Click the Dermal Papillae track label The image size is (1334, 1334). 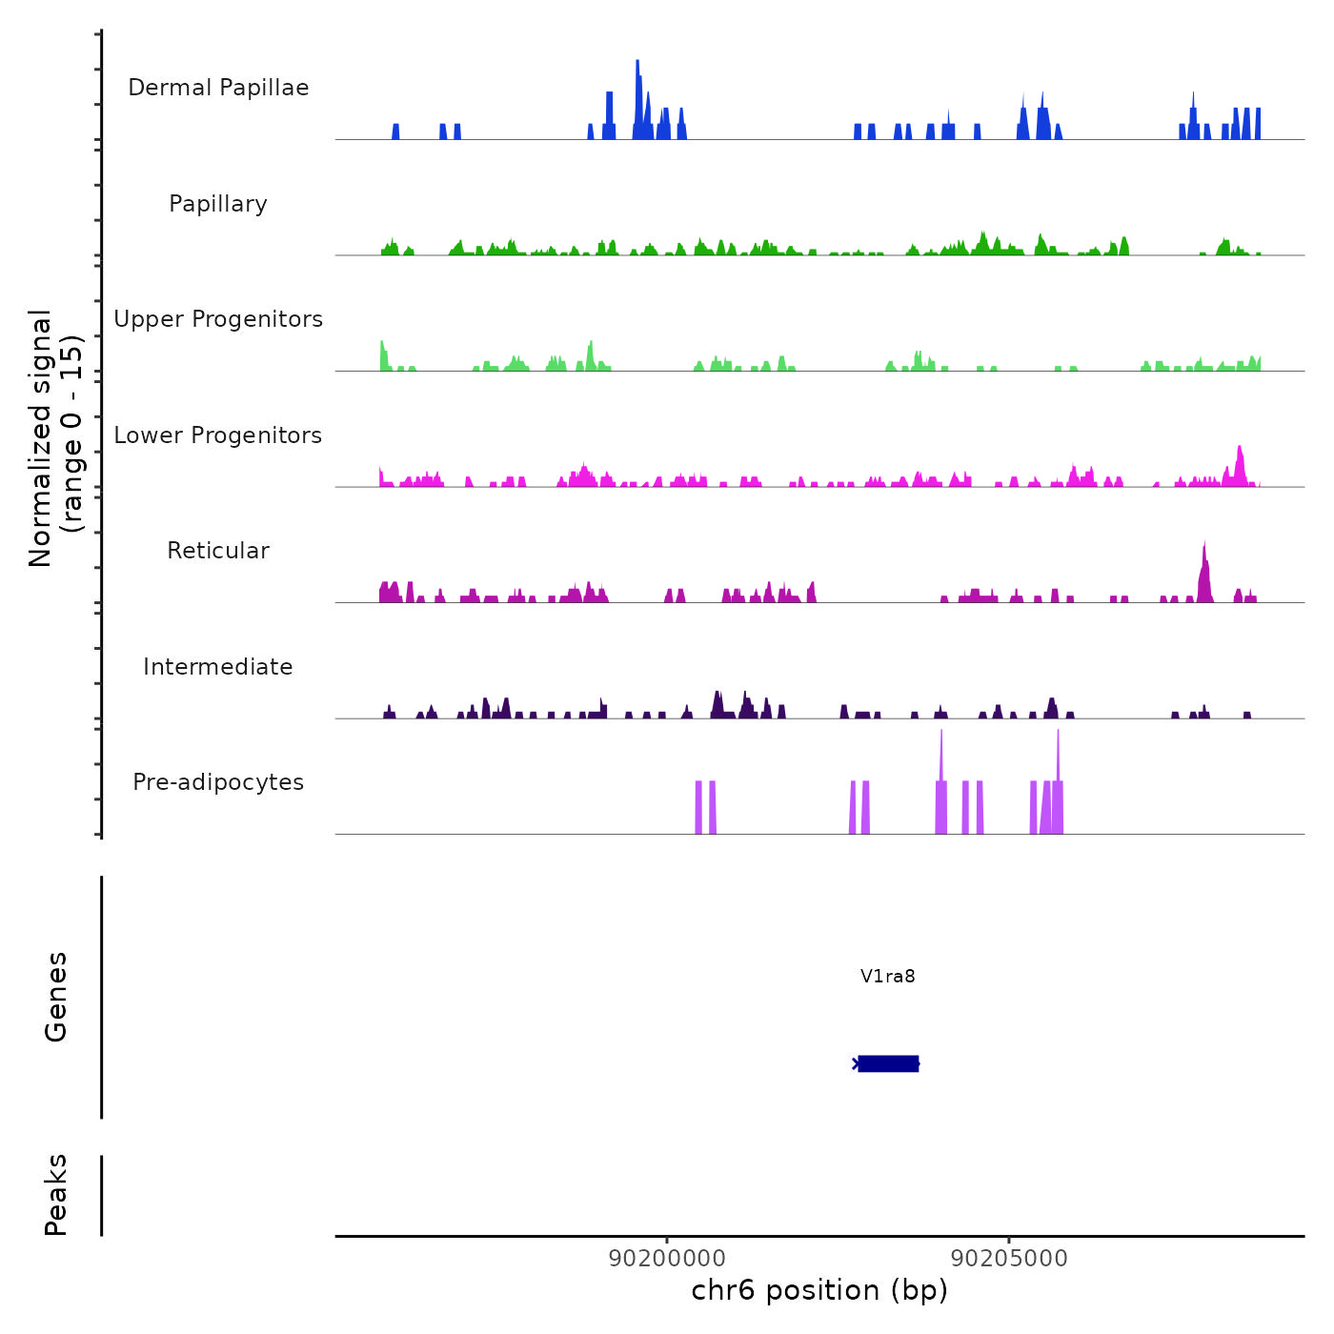218,88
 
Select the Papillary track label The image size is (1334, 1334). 218,204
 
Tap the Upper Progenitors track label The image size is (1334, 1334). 218,319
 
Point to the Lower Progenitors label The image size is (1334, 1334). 218,435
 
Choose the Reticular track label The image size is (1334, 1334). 218,551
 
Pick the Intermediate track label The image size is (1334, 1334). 218,667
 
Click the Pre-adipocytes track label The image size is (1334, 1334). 218,782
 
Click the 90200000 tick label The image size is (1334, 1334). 667,1258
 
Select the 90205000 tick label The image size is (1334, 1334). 1009,1258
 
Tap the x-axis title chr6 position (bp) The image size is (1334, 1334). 819,1290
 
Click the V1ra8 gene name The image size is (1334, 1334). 887,976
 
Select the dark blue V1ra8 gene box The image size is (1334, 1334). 888,1063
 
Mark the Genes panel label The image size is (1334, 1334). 56,997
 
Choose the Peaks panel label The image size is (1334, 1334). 56,1195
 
